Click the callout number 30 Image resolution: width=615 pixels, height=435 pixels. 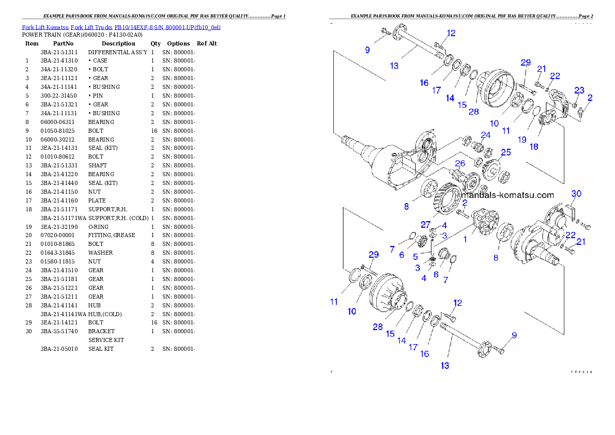coord(576,193)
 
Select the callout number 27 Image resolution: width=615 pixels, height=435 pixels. coord(425,224)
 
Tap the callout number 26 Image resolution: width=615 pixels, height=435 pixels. coord(460,164)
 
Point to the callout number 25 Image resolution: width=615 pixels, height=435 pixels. coord(505,152)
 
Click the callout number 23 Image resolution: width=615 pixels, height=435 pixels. coord(579,90)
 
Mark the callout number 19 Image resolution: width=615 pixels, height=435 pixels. coord(522,139)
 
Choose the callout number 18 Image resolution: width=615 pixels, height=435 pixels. coord(534,146)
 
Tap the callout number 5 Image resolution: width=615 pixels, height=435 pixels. coord(415,256)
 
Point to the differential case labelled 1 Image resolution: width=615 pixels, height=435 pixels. coord(486,222)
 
